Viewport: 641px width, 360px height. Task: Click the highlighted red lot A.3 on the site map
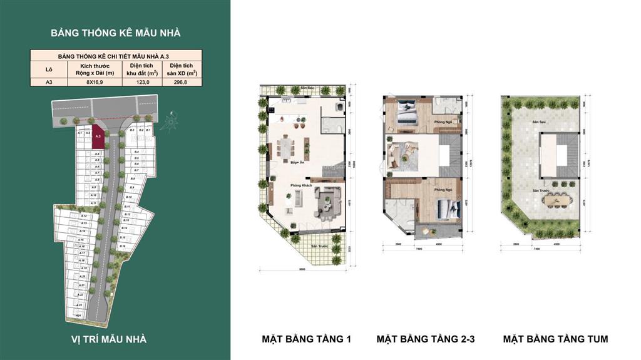(x=98, y=137)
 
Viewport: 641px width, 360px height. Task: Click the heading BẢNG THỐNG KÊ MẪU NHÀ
(x=115, y=33)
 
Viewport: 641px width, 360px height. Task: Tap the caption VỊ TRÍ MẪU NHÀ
(x=108, y=339)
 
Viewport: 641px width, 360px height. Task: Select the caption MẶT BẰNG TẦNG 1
(x=306, y=339)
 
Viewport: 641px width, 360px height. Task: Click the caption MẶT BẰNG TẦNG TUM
(x=555, y=339)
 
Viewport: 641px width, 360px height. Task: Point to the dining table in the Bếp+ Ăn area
(x=285, y=148)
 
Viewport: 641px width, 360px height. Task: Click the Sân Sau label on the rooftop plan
(x=536, y=122)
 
